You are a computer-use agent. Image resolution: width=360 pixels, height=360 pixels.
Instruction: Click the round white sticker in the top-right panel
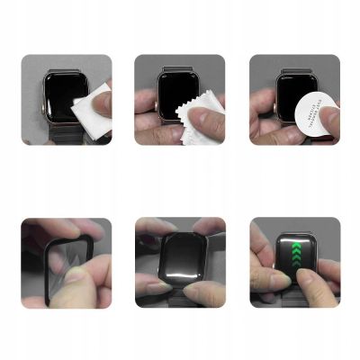pos(310,112)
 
